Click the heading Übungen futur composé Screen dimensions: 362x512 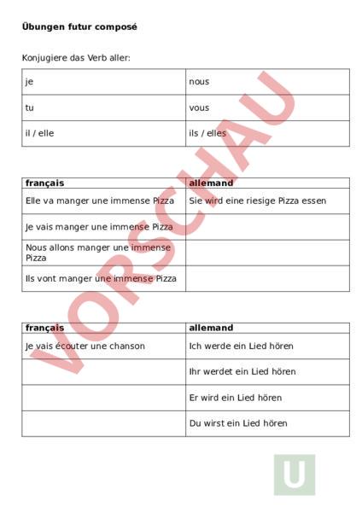coord(79,27)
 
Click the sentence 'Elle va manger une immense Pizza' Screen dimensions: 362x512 coord(99,201)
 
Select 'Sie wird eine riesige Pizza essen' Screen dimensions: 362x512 coord(257,201)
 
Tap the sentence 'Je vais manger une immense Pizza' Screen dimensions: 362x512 coord(99,227)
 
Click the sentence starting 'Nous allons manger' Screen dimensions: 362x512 coord(97,252)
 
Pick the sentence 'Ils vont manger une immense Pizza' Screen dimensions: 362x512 coord(101,278)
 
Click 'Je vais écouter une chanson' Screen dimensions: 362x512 coord(85,346)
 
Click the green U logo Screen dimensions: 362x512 coord(295,474)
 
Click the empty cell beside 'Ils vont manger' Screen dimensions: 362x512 coord(267,278)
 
